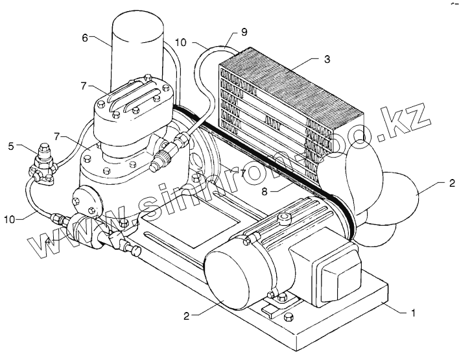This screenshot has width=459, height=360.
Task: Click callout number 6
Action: (85, 38)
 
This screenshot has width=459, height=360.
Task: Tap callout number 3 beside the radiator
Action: (327, 59)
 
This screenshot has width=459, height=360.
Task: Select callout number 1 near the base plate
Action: (409, 314)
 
